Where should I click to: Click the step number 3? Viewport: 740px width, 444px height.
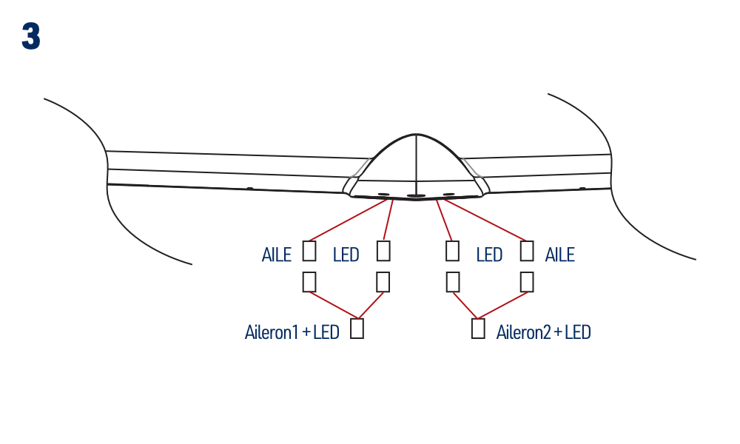pyautogui.click(x=31, y=36)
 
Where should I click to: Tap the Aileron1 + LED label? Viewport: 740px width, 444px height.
pyautogui.click(x=292, y=332)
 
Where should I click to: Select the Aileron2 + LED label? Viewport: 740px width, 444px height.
pyautogui.click(x=543, y=332)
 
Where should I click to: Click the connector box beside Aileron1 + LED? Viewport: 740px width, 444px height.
pyautogui.click(x=357, y=329)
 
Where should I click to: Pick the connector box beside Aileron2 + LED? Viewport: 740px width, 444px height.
pyautogui.click(x=478, y=329)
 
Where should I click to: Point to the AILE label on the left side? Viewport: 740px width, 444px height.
pyautogui.click(x=277, y=255)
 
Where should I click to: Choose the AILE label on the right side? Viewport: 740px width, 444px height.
pyautogui.click(x=559, y=255)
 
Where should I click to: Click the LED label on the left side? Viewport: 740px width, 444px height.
pyautogui.click(x=346, y=255)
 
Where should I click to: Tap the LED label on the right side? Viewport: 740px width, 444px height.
pyautogui.click(x=489, y=255)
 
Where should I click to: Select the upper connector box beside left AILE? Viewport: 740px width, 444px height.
pyautogui.click(x=309, y=251)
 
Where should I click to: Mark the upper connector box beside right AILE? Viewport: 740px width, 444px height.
pyautogui.click(x=527, y=251)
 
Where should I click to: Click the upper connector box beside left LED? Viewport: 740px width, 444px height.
pyautogui.click(x=383, y=251)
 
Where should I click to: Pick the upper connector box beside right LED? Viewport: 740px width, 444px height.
pyautogui.click(x=452, y=251)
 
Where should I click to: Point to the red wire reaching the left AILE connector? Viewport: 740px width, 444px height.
pyautogui.click(x=348, y=220)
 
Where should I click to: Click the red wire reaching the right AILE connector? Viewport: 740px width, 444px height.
pyautogui.click(x=485, y=220)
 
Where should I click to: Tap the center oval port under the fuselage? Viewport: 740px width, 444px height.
pyautogui.click(x=415, y=195)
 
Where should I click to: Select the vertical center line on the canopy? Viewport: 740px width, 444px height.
pyautogui.click(x=416, y=164)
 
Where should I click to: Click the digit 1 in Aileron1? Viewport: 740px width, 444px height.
pyautogui.click(x=295, y=332)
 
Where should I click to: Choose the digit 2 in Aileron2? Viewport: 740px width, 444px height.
pyautogui.click(x=547, y=332)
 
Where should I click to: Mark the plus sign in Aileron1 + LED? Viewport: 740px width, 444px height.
pyautogui.click(x=306, y=333)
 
